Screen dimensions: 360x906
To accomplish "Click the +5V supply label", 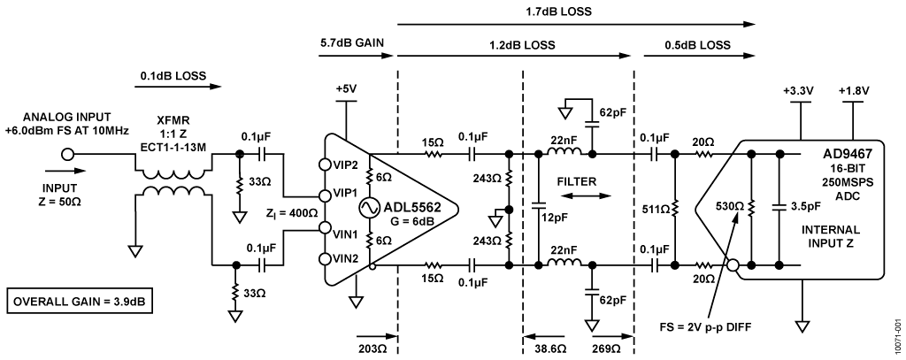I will click(348, 88).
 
